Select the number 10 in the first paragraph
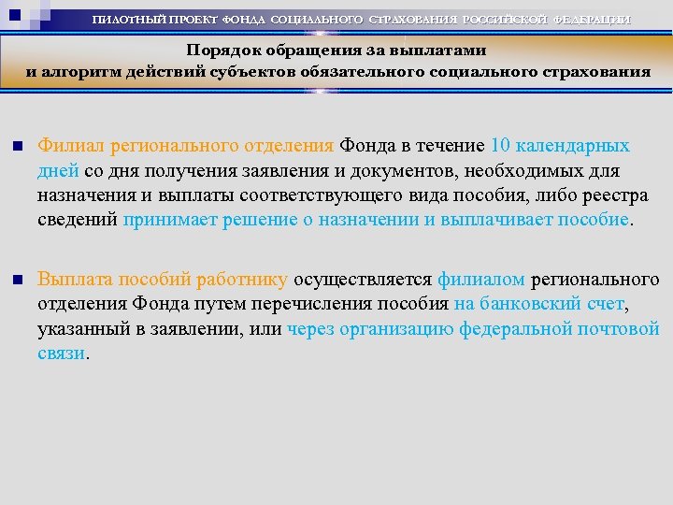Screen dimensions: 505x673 coord(500,146)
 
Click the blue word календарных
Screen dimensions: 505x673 coord(573,146)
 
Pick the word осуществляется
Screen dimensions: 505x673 coord(364,279)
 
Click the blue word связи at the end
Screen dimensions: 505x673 coord(61,354)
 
